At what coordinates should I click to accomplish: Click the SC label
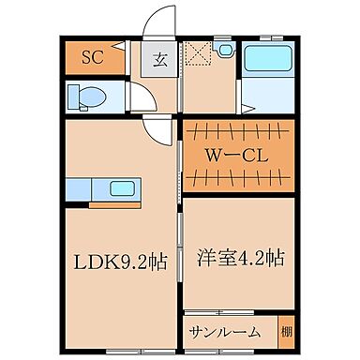[x=91, y=57]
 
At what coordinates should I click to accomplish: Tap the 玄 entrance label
[x=159, y=62]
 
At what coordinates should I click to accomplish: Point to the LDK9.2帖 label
[x=122, y=262]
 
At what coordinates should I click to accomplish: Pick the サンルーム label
[x=226, y=333]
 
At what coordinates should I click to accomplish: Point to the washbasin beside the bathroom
[x=224, y=51]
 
